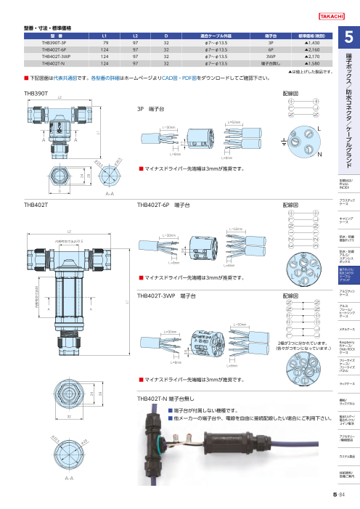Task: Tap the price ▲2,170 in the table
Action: [311, 56]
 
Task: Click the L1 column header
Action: [105, 36]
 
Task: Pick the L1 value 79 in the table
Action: [105, 43]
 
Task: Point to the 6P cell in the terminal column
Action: [270, 49]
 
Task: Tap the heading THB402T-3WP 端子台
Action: [166, 296]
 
